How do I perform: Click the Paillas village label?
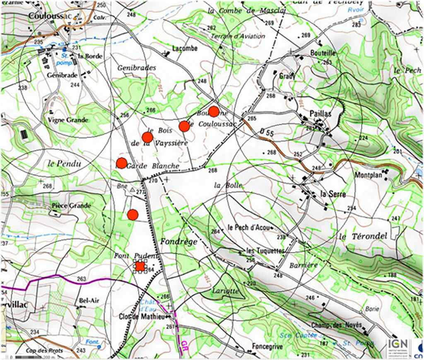(320, 114)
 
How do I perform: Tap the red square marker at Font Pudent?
(140, 266)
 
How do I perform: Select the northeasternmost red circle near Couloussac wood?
(214, 111)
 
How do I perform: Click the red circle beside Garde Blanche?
(121, 163)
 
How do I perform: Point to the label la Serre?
(332, 194)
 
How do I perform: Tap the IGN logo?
(397, 347)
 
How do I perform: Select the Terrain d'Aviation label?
(238, 36)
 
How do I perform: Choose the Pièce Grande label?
(71, 205)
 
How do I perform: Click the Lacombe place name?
(185, 48)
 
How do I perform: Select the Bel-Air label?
(89, 300)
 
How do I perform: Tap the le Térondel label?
(363, 236)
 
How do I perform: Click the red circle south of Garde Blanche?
(132, 215)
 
